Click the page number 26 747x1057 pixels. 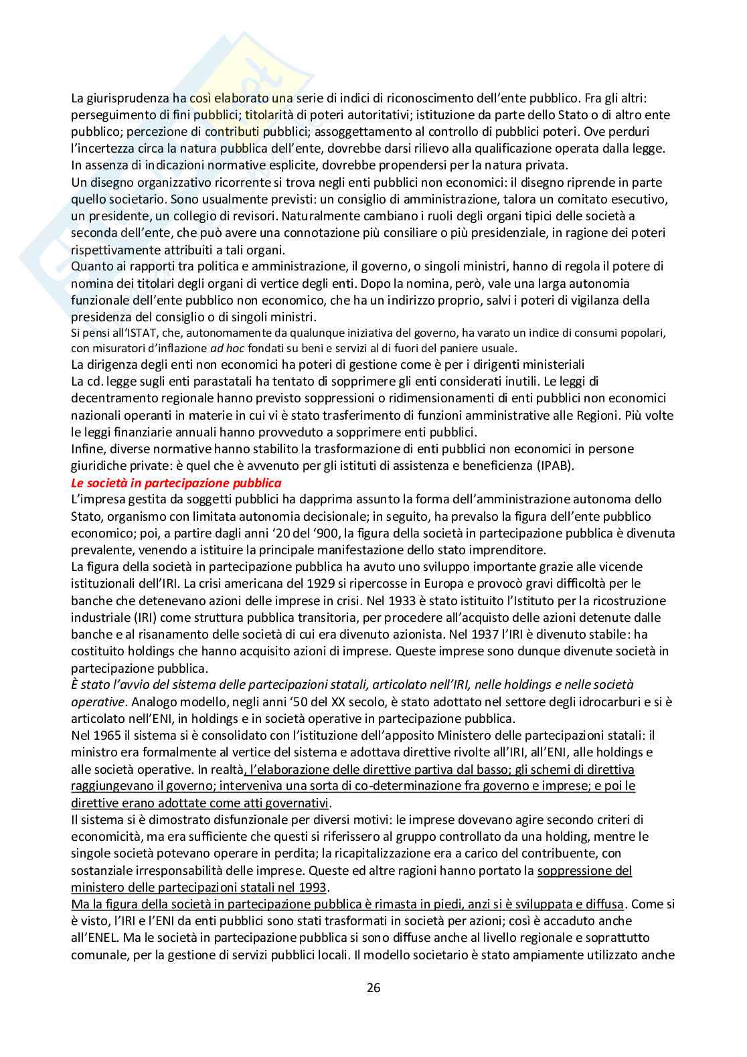click(373, 987)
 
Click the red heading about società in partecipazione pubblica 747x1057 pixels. click(176, 483)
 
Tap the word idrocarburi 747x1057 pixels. click(581, 702)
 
